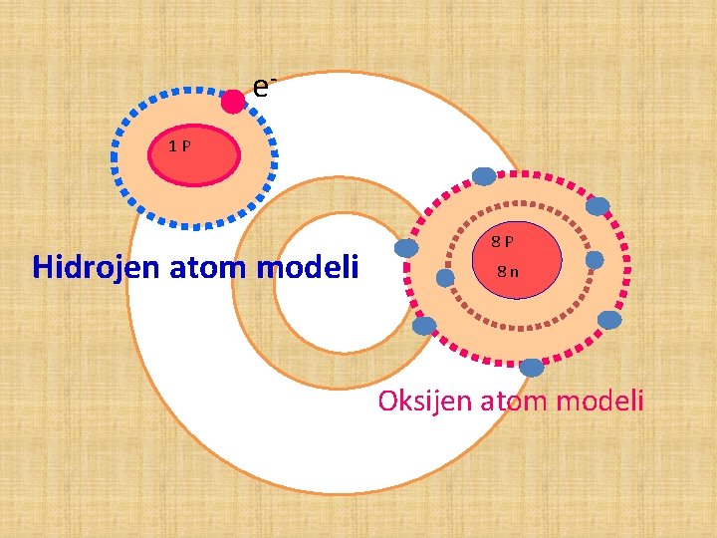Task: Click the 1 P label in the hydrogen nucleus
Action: (x=179, y=146)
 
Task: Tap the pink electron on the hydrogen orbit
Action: (x=232, y=101)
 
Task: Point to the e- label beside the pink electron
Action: (x=263, y=88)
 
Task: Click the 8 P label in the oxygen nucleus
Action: (x=502, y=241)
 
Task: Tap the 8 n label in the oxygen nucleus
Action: (x=508, y=272)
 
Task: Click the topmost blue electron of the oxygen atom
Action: (x=484, y=176)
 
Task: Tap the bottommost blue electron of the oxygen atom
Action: (x=532, y=368)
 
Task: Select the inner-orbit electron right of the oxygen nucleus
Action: (x=595, y=260)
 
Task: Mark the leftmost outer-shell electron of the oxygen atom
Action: (x=424, y=325)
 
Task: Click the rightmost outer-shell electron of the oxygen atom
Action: (x=609, y=320)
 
